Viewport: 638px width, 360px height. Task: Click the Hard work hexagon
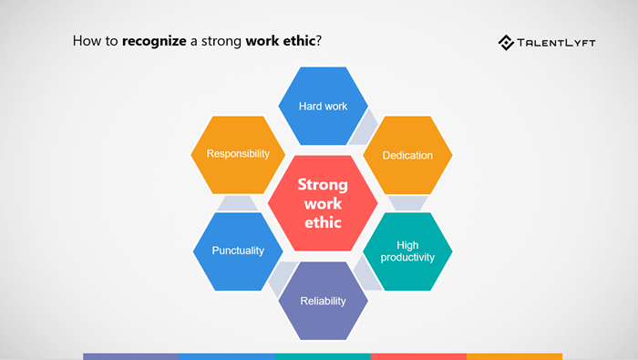pyautogui.click(x=323, y=106)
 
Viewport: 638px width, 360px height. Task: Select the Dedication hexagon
pyautogui.click(x=407, y=155)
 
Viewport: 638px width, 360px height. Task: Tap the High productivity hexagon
pyautogui.click(x=407, y=251)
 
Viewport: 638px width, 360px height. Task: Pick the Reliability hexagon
pyautogui.click(x=323, y=300)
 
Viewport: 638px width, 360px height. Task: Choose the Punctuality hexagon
pyautogui.click(x=238, y=251)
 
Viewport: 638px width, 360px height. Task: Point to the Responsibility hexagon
pyautogui.click(x=238, y=153)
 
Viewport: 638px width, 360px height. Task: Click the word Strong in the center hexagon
pyautogui.click(x=323, y=183)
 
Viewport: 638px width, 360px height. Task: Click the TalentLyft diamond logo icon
pyautogui.click(x=507, y=42)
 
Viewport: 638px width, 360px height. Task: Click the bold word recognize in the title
pyautogui.click(x=156, y=42)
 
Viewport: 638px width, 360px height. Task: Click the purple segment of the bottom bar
pyautogui.click(x=130, y=356)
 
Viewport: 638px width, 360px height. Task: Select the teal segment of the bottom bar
pyautogui.click(x=323, y=356)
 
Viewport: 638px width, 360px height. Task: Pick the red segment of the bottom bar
pyautogui.click(x=418, y=356)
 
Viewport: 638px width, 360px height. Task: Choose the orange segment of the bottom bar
pyautogui.click(x=514, y=356)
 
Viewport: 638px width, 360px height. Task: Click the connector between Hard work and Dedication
pyautogui.click(x=366, y=129)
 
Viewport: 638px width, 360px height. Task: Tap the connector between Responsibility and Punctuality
pyautogui.click(x=238, y=202)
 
